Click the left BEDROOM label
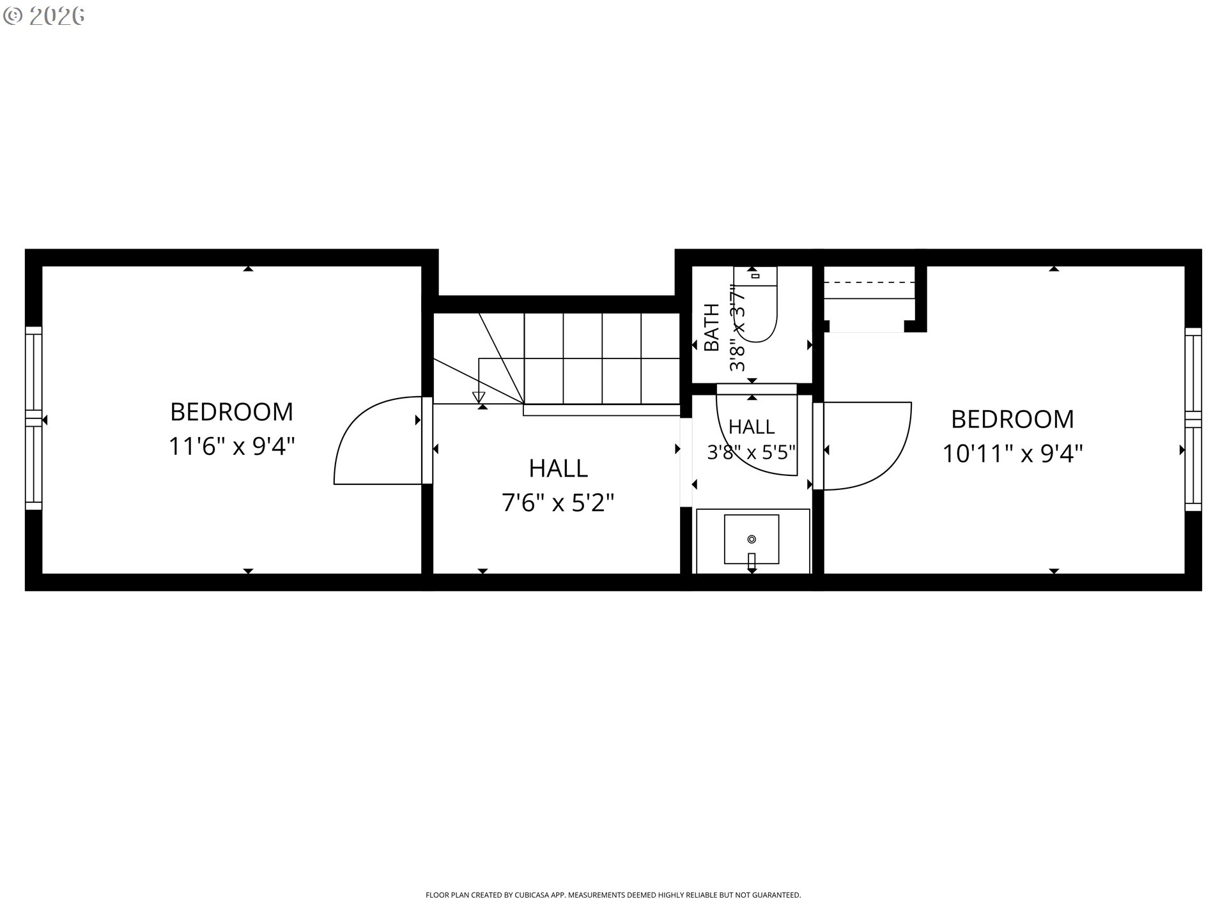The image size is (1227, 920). point(231,411)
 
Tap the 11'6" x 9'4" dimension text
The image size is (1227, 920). point(231,446)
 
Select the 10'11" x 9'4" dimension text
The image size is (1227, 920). point(1012,454)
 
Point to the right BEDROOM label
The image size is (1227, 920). point(1012,419)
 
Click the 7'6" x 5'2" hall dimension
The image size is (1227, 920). point(558,503)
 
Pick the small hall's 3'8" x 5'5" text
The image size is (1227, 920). point(752,452)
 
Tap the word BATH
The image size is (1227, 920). point(711,327)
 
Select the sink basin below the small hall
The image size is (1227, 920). point(752,539)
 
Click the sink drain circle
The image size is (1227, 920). point(752,539)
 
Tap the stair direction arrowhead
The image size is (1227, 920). point(479,397)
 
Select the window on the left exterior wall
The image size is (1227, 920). point(33,418)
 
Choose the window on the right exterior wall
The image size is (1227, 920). point(1193,419)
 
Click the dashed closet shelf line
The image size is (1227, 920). point(869,282)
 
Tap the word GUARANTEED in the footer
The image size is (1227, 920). point(778,895)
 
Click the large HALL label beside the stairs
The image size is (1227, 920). point(558,468)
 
